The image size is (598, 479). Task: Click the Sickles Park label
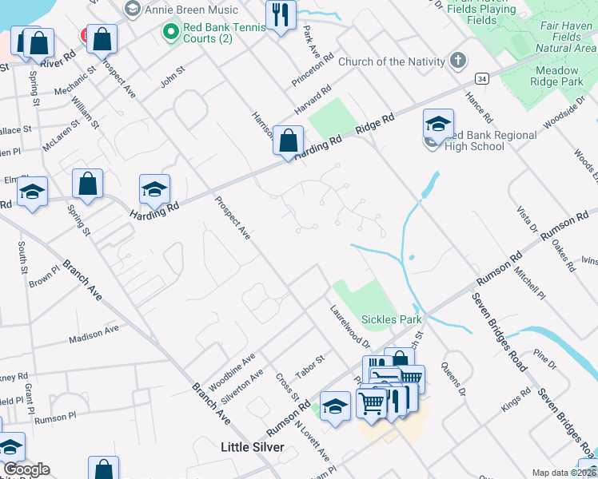click(x=391, y=319)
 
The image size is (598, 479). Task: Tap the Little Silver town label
click(x=252, y=448)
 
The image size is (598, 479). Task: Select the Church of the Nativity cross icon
click(x=458, y=61)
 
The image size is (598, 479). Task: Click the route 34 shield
click(x=481, y=79)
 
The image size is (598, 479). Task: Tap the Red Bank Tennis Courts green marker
click(x=169, y=33)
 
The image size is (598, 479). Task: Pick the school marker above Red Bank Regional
click(x=438, y=124)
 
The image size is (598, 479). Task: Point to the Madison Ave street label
click(x=94, y=333)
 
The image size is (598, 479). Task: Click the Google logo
click(x=26, y=469)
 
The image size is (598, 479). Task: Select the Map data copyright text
click(x=564, y=473)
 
